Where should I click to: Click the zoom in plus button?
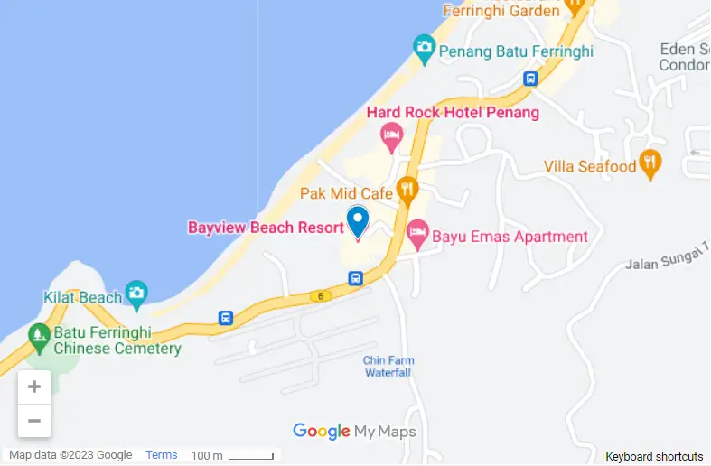tap(34, 387)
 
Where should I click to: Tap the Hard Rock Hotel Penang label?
tap(453, 113)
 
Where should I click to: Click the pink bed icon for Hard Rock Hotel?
tap(391, 138)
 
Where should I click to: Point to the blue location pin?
tap(358, 220)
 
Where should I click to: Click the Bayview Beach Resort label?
tap(266, 228)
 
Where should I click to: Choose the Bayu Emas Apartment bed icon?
tap(417, 235)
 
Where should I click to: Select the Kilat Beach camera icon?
tap(136, 293)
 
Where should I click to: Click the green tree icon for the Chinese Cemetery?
tap(39, 336)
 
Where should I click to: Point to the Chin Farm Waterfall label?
tap(388, 366)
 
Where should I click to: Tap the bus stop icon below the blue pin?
tap(357, 278)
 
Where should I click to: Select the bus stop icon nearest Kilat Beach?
tap(225, 318)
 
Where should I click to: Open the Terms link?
tap(162, 455)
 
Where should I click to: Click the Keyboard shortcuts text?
tap(654, 456)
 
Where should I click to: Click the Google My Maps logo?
tap(354, 432)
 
